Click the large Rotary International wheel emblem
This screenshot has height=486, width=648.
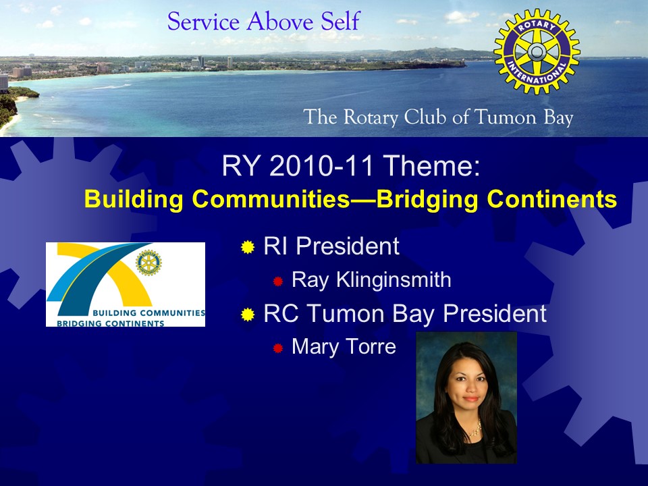[x=537, y=52]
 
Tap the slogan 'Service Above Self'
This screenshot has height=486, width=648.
[x=264, y=22]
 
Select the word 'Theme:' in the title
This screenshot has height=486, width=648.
[x=431, y=165]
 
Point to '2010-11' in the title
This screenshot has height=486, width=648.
[x=321, y=165]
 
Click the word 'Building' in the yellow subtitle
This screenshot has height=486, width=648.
[x=134, y=198]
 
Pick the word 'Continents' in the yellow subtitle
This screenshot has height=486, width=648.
[x=551, y=198]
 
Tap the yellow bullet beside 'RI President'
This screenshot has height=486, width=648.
[x=248, y=247]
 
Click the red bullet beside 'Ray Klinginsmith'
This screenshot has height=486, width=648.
[x=277, y=281]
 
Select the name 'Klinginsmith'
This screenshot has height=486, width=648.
[x=394, y=279]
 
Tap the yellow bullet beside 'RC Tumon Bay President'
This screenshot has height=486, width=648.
[x=248, y=315]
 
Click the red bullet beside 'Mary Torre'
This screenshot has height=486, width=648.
[x=277, y=348]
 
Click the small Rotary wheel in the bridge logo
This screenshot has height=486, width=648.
[x=148, y=263]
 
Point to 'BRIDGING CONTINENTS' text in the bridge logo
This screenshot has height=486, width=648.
[x=110, y=323]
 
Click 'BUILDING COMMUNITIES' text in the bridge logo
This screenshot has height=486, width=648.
[x=148, y=313]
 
